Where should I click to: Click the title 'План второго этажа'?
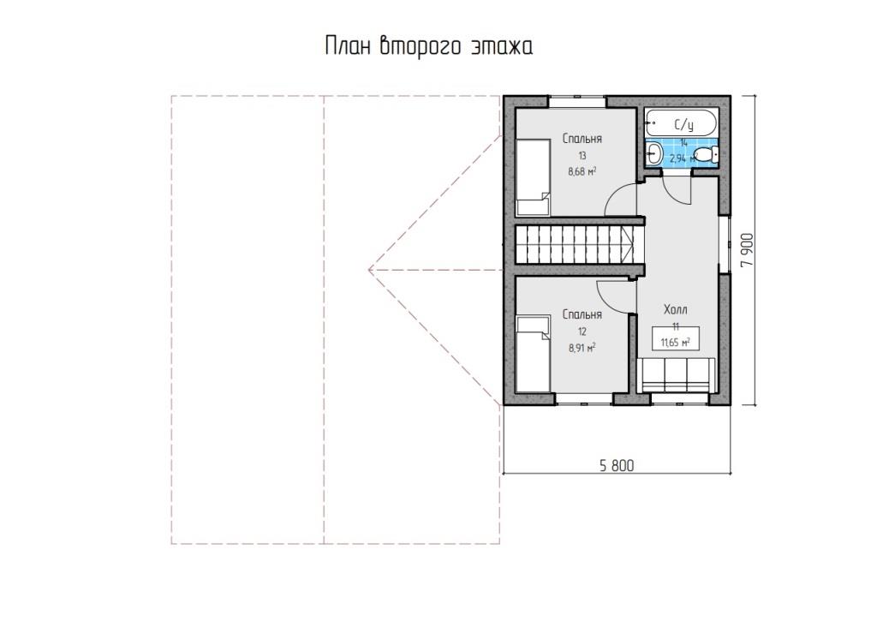tap(428, 47)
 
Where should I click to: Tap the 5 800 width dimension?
tap(617, 465)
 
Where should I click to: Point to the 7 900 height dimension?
tap(748, 250)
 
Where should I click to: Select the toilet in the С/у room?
tap(706, 154)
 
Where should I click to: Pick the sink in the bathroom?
tap(653, 152)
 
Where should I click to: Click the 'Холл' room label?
tap(676, 309)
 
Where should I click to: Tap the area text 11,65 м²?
tap(675, 343)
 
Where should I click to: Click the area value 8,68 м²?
tap(582, 172)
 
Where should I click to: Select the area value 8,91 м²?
tap(582, 348)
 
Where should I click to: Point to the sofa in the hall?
tap(676, 375)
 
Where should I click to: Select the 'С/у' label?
tap(683, 123)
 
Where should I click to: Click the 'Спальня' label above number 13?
tap(582, 138)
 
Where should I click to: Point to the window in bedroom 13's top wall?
tap(577, 102)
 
